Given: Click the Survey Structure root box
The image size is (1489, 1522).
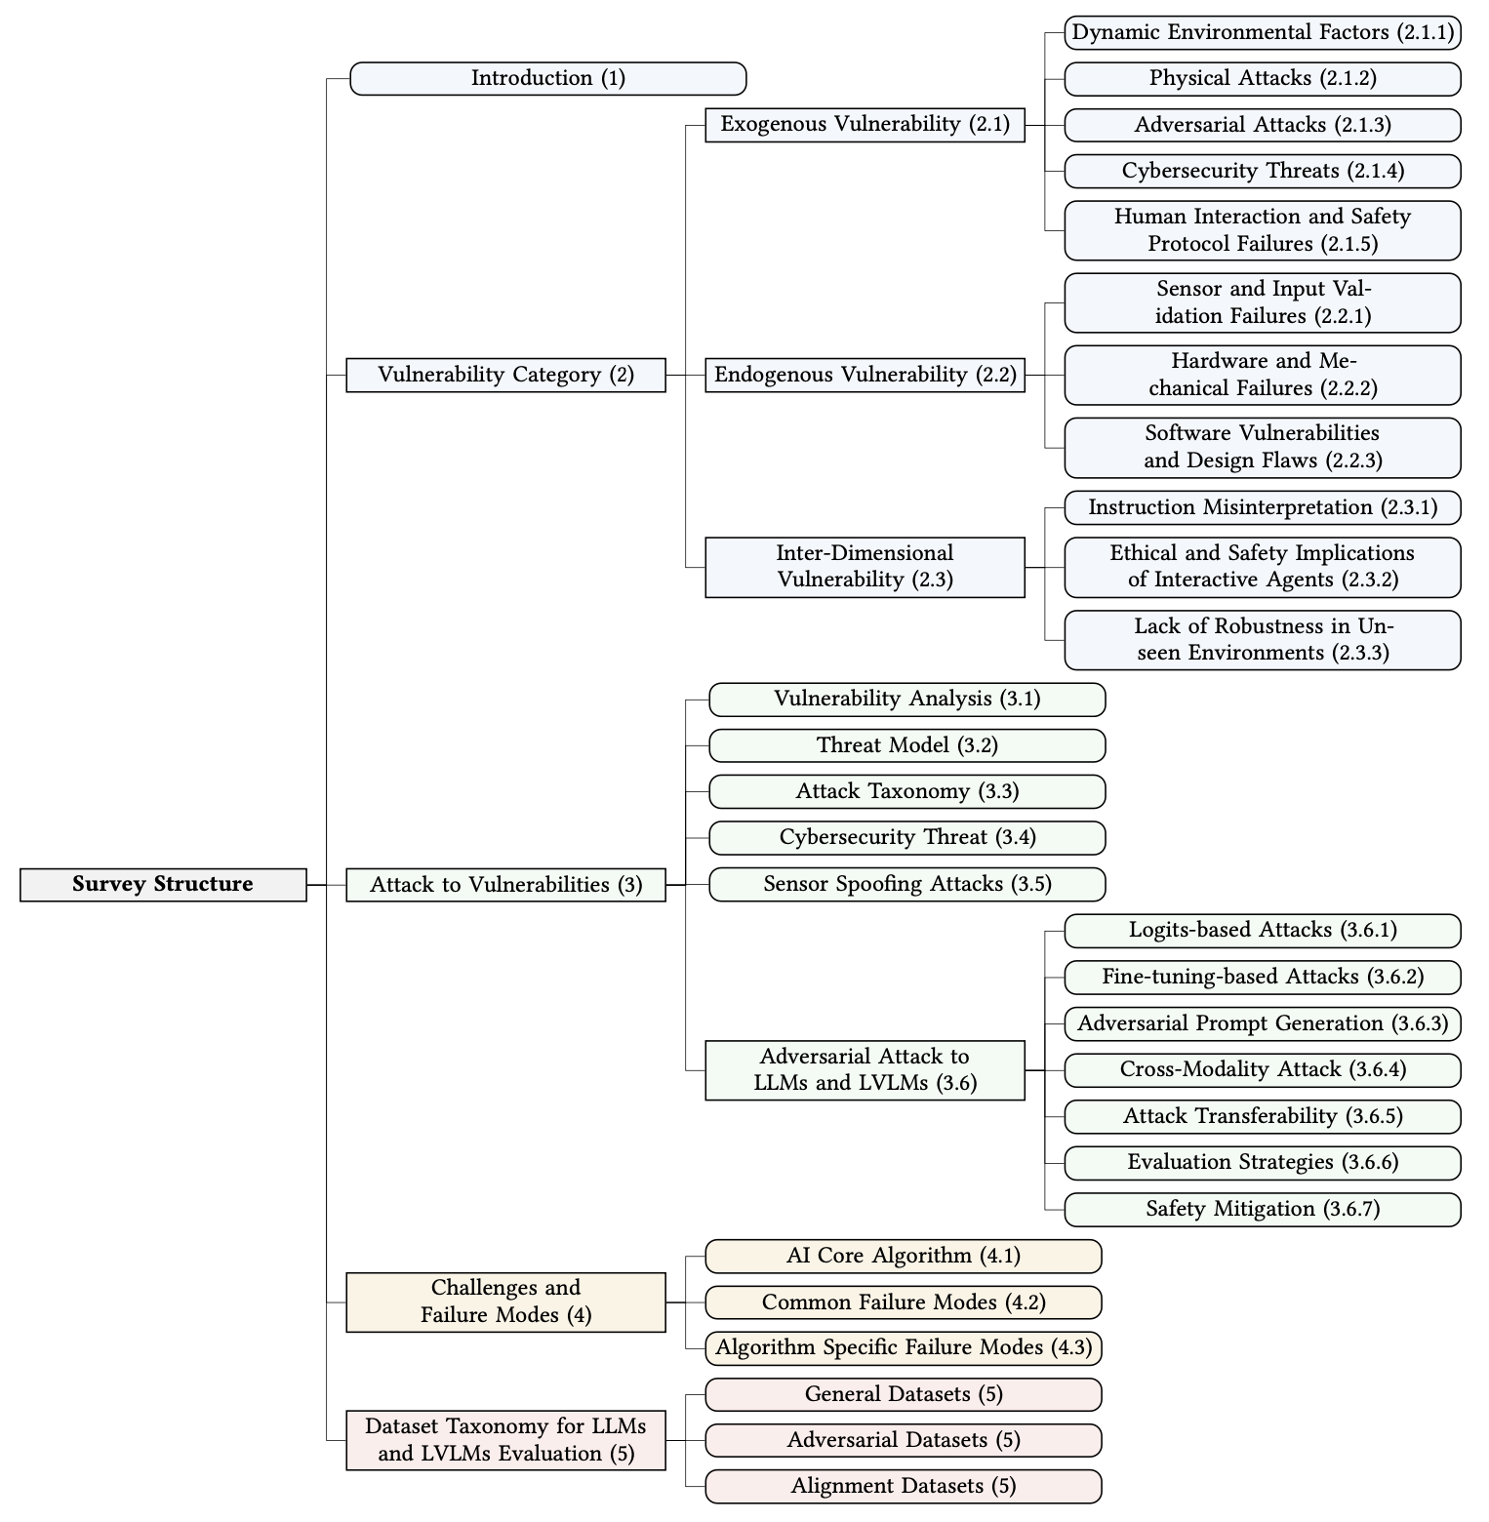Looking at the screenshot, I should [163, 884].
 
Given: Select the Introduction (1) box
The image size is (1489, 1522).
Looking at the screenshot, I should [547, 78].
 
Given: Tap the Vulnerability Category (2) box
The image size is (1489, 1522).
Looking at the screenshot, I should [505, 375].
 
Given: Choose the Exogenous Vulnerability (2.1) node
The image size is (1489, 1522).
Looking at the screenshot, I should [865, 125].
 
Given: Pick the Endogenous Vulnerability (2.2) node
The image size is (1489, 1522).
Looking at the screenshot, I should [865, 375].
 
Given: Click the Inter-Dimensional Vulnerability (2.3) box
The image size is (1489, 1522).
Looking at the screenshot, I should [865, 567].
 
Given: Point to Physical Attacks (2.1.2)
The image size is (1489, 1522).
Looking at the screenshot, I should [1262, 79].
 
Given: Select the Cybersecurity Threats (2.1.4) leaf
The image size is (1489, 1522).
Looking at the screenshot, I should [1262, 171].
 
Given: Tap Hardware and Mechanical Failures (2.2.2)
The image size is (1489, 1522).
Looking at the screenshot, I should [1262, 375].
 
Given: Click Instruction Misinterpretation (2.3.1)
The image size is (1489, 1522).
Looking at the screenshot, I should [1262, 507].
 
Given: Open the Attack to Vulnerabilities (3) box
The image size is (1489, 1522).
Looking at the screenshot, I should [505, 885].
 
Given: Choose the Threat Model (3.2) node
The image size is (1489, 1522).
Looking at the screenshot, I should [906, 745].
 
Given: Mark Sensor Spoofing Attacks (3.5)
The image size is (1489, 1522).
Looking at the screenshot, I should [906, 884].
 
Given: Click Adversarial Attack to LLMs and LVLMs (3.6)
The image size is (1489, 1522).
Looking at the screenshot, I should [865, 1070].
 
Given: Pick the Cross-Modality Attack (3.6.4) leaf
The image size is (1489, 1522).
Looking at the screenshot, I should [1262, 1070].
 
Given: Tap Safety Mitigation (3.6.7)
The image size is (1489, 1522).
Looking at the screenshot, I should [1262, 1210].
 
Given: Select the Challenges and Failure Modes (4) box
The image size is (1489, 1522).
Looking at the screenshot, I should [505, 1302].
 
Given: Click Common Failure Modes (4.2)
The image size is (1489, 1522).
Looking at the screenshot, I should [903, 1302].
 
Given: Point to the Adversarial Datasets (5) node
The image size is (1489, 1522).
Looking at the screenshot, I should [903, 1440].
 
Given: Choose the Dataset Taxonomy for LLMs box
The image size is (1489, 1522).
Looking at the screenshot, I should [505, 1440].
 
